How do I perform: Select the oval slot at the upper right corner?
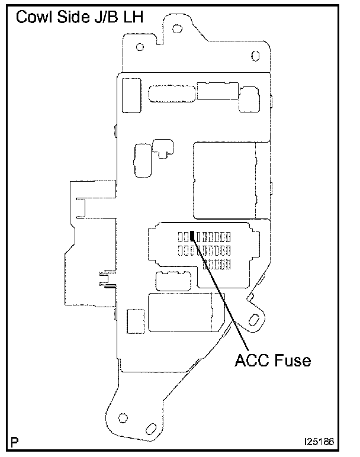[255, 56]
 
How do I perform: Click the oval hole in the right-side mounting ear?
[256, 320]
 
